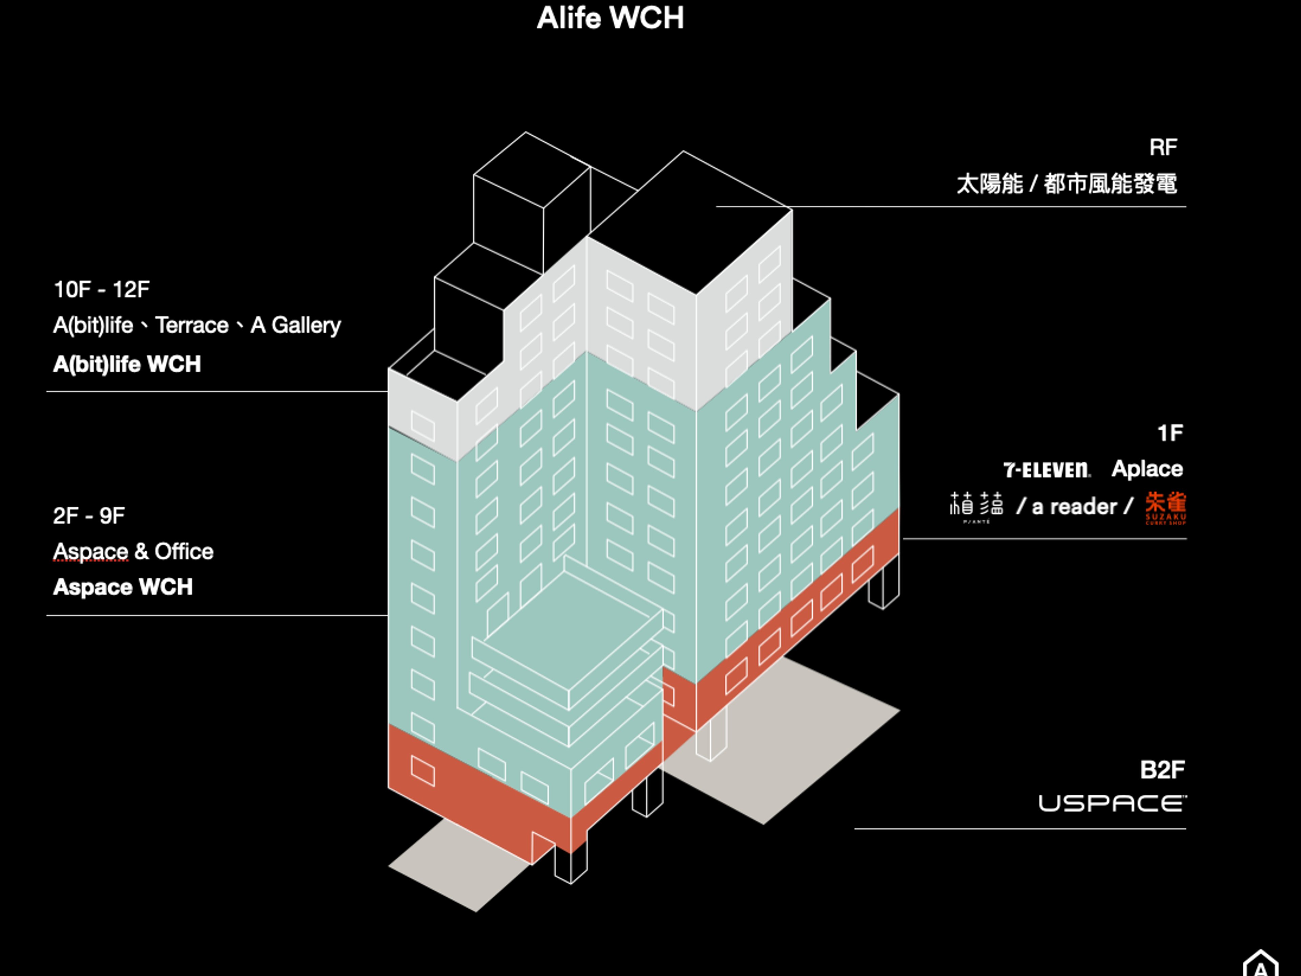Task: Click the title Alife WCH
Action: click(x=610, y=18)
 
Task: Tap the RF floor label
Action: click(x=1163, y=148)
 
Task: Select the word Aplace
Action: click(x=1147, y=469)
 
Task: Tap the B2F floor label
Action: click(x=1162, y=770)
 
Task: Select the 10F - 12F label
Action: click(x=101, y=289)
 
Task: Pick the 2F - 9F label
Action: click(x=89, y=516)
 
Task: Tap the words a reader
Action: click(x=1074, y=507)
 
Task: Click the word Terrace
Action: click(x=192, y=325)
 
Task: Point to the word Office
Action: click(x=184, y=552)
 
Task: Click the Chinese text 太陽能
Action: click(x=990, y=184)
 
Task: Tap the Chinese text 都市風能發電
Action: click(x=1110, y=184)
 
